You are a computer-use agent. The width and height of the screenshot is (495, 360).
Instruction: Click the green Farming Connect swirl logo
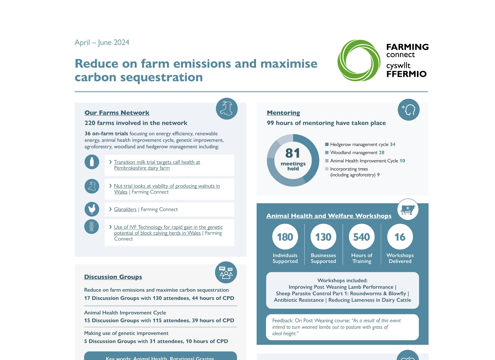(359, 60)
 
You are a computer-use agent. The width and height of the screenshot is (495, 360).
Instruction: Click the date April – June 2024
(102, 43)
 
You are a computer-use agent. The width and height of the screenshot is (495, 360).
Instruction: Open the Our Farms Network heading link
(117, 113)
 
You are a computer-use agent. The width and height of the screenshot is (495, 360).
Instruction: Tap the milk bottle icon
(92, 162)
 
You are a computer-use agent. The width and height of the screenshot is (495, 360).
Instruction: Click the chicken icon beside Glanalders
(92, 209)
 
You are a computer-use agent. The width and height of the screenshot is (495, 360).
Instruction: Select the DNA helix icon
(92, 227)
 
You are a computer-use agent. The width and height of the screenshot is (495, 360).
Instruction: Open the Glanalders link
(125, 209)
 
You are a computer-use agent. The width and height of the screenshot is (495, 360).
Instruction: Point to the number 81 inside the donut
(293, 153)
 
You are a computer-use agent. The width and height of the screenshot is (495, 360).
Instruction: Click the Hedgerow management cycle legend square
(327, 144)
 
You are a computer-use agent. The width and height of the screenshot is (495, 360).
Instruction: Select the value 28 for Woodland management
(382, 153)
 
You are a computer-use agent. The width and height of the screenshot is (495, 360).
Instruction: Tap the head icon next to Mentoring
(409, 110)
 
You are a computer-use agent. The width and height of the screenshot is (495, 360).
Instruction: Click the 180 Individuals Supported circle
(285, 237)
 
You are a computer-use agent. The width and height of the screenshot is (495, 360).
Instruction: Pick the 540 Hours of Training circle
(362, 237)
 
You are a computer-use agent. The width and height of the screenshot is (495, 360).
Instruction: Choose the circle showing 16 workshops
(400, 237)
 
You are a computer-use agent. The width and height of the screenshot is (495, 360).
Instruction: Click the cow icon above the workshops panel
(408, 209)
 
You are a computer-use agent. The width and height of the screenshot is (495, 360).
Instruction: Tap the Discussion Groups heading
(113, 277)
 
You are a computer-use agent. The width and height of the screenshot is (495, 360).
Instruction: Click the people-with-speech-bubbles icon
(226, 272)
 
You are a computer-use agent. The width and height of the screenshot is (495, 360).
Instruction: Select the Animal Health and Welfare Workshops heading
(329, 216)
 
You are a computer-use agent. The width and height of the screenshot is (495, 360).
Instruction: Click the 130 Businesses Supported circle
(323, 237)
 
